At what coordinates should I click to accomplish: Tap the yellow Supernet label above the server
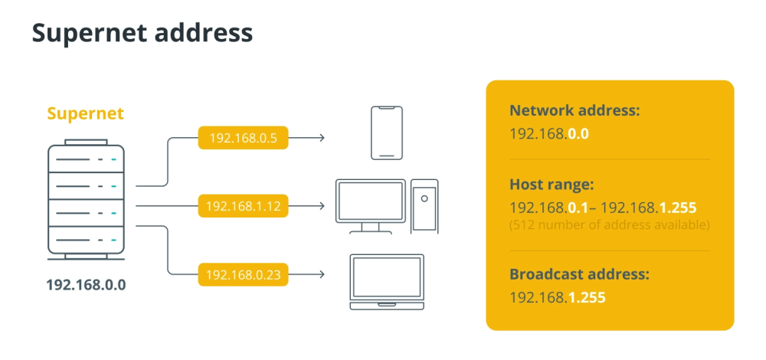pyautogui.click(x=86, y=114)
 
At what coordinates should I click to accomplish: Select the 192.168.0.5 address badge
pyautogui.click(x=243, y=138)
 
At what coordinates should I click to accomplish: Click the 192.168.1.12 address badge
pyautogui.click(x=243, y=206)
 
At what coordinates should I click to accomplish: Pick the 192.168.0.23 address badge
pyautogui.click(x=243, y=274)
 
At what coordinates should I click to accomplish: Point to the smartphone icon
pyautogui.click(x=386, y=133)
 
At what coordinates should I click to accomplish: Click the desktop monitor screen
pyautogui.click(x=371, y=201)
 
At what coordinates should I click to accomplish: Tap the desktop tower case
pyautogui.click(x=424, y=206)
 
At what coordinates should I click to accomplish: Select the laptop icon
pyautogui.click(x=387, y=282)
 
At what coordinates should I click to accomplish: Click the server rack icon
pyautogui.click(x=86, y=200)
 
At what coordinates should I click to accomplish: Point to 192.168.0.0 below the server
pyautogui.click(x=86, y=285)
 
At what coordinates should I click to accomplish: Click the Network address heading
pyautogui.click(x=574, y=110)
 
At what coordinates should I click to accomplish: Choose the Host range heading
pyautogui.click(x=552, y=185)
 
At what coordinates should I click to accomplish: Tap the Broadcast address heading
pyautogui.click(x=579, y=274)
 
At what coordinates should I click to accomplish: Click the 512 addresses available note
pyautogui.click(x=609, y=226)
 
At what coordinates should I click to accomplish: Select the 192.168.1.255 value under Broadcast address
pyautogui.click(x=558, y=297)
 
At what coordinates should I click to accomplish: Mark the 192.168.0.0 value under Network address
pyautogui.click(x=549, y=134)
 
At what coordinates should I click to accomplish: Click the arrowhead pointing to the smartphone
pyautogui.click(x=322, y=138)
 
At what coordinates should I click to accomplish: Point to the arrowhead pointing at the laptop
pyautogui.click(x=322, y=274)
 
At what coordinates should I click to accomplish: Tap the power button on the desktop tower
pyautogui.click(x=424, y=198)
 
